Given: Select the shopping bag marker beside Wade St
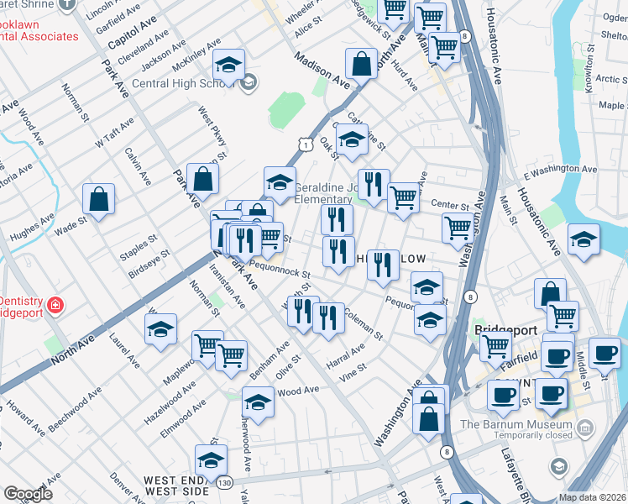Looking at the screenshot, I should pyautogui.click(x=99, y=200).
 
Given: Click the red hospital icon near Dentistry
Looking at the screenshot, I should pyautogui.click(x=55, y=304).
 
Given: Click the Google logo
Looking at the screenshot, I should pyautogui.click(x=29, y=493).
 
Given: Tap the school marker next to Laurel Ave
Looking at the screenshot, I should pyautogui.click(x=160, y=329).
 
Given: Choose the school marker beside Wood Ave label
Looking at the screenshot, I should pyautogui.click(x=259, y=402).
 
